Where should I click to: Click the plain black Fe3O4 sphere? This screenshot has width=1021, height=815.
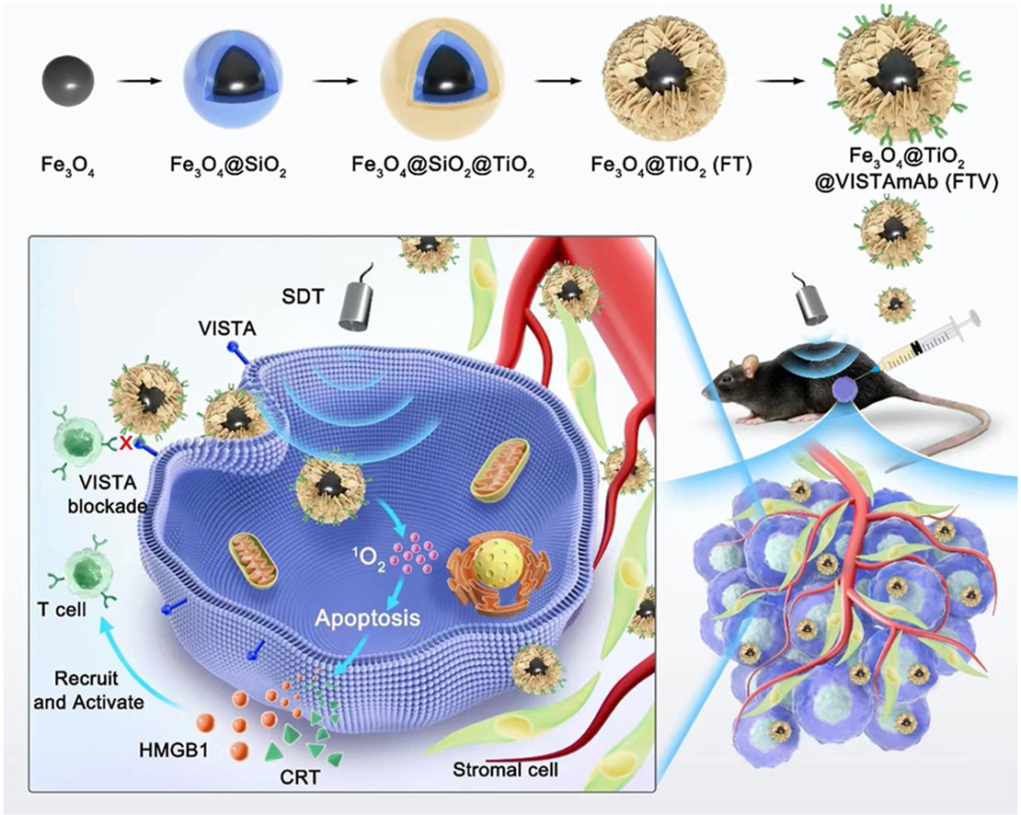click(x=67, y=82)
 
